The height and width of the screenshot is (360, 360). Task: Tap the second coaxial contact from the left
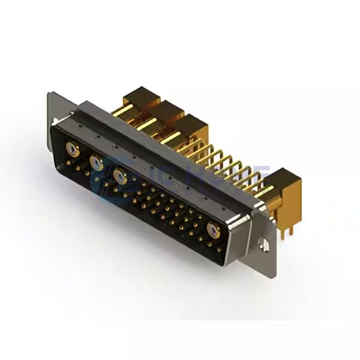tap(95, 161)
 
